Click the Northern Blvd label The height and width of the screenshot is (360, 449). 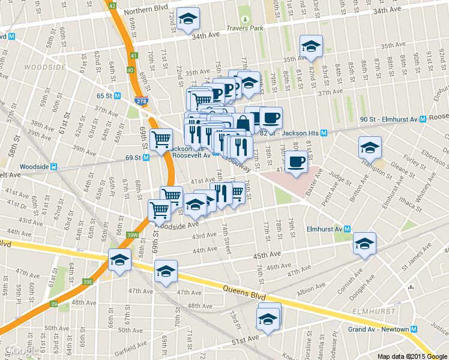pyautogui.click(x=146, y=11)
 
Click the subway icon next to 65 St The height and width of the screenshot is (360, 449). pyautogui.click(x=118, y=95)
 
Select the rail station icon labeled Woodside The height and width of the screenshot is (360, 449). pyautogui.click(x=53, y=167)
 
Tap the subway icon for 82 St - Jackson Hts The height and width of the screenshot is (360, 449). pyautogui.click(x=324, y=133)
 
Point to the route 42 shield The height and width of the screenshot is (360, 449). pyautogui.click(x=112, y=5)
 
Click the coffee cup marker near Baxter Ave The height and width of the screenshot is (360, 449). pyautogui.click(x=296, y=161)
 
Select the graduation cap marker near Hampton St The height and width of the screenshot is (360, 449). pyautogui.click(x=370, y=146)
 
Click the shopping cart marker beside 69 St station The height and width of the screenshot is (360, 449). pyautogui.click(x=161, y=140)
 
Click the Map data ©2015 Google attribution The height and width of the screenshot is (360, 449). pyautogui.click(x=411, y=356)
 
